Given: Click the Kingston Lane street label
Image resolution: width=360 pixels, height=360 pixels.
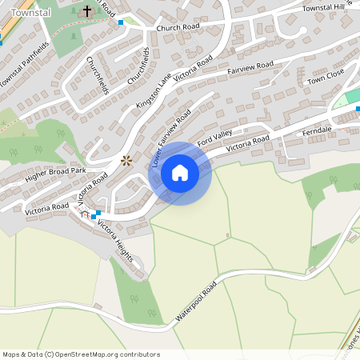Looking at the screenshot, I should click(x=154, y=93).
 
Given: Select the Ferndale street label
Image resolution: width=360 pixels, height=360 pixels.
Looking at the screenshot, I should click(x=317, y=130).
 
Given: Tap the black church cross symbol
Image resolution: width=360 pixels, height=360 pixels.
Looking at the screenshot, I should click(x=87, y=12).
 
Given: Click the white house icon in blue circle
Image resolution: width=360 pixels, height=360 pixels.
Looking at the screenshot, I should click(x=180, y=173).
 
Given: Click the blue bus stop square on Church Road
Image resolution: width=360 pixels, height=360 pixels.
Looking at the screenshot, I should click(x=121, y=22).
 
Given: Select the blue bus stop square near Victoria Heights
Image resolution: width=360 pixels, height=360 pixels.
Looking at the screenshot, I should click(x=94, y=214).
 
